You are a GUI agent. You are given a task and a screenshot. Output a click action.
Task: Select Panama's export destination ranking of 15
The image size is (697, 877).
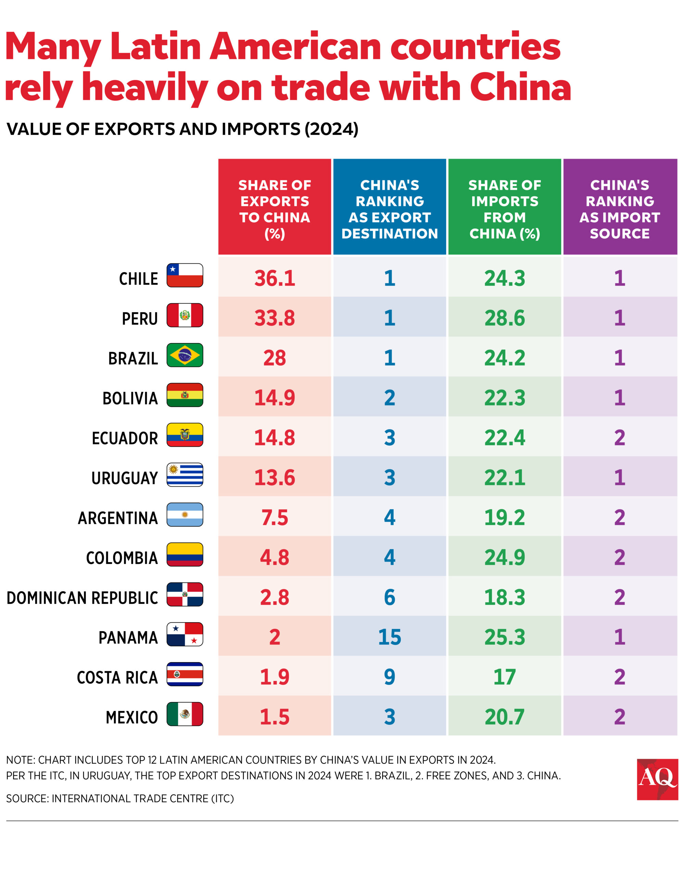point(389,637)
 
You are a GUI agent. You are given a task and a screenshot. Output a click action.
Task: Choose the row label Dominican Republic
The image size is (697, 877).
point(82,597)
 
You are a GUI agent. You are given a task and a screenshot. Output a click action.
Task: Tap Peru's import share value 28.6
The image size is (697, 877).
point(504,318)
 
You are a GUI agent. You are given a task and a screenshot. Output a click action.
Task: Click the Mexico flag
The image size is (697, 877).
point(185,714)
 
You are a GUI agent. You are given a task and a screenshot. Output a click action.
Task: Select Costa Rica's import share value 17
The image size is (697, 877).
point(504,677)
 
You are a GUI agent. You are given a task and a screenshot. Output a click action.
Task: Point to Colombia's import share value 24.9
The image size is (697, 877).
point(504,557)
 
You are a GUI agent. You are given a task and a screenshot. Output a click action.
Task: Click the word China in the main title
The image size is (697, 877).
point(520,87)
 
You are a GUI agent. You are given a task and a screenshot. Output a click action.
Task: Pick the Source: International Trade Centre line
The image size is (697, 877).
point(120,799)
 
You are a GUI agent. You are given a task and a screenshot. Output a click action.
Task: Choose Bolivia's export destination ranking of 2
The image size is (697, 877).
point(389,397)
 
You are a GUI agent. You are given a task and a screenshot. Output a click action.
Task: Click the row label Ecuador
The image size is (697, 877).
point(125,438)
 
